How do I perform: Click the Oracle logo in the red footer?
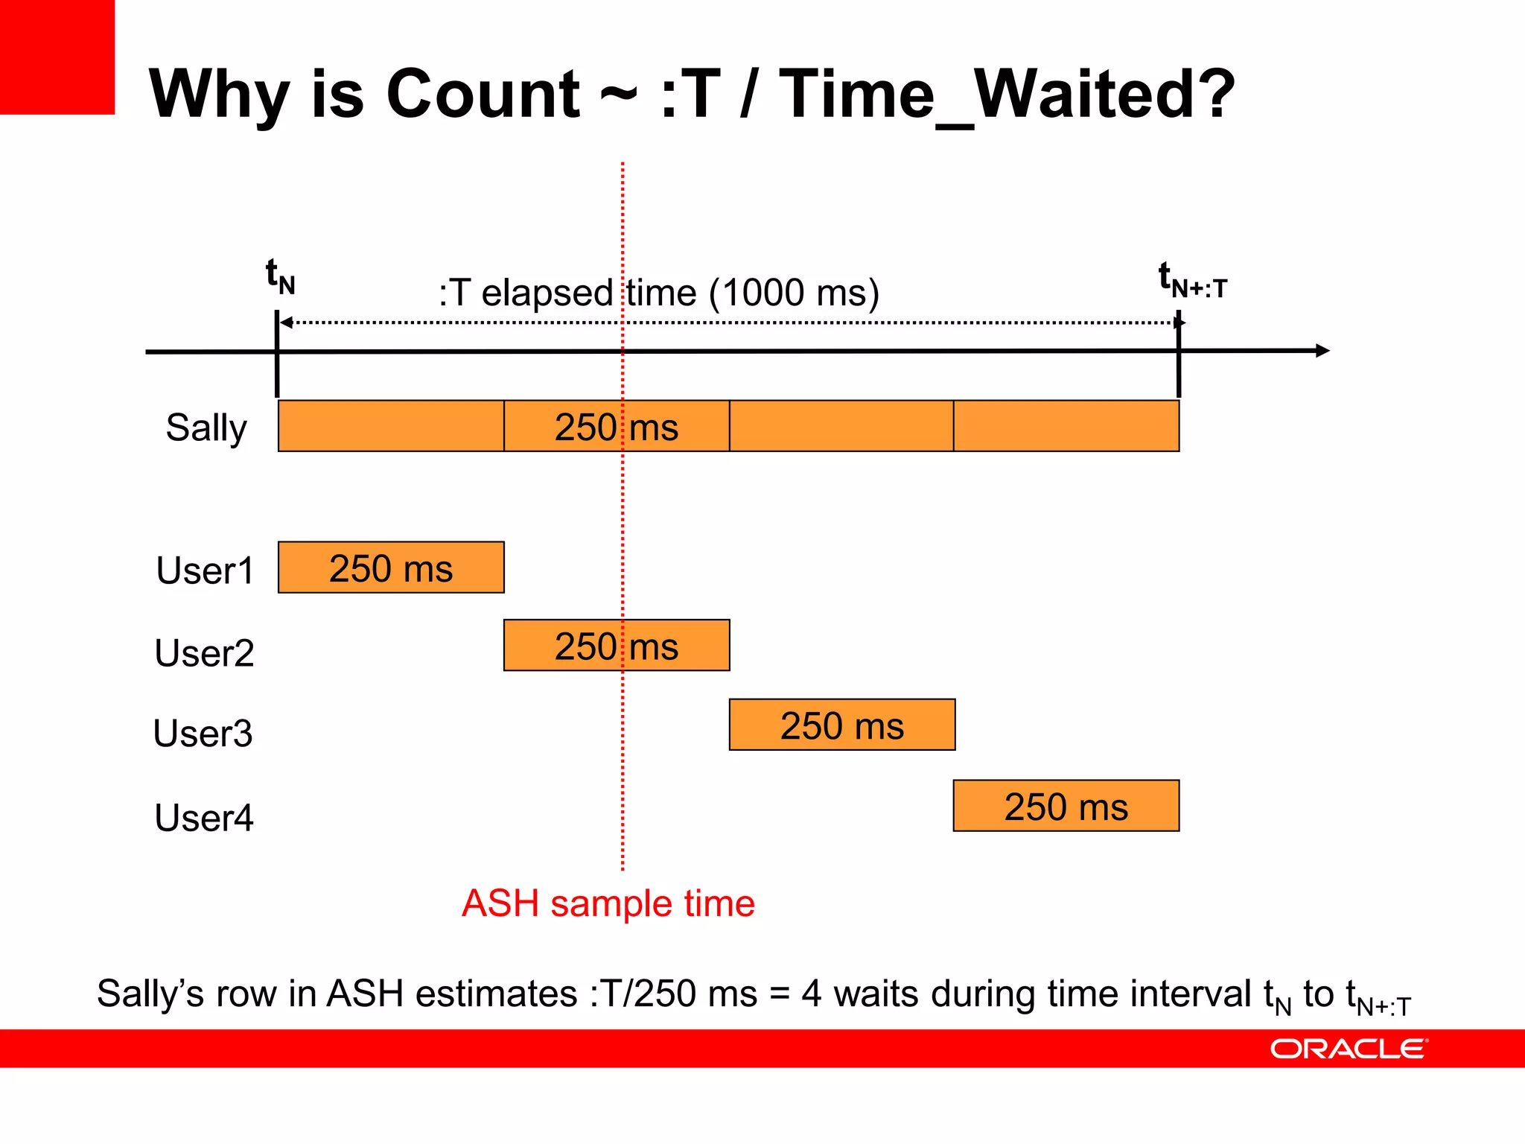click(1349, 1049)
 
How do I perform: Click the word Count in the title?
click(483, 94)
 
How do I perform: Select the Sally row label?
click(206, 428)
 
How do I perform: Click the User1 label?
click(205, 571)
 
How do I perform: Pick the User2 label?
click(204, 652)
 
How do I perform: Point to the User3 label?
click(203, 733)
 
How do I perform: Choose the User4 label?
click(204, 817)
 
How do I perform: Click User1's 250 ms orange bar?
click(391, 568)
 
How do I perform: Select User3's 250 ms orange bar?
click(841, 725)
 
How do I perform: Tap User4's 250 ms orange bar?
click(1066, 806)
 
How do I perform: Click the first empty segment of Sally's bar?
click(391, 426)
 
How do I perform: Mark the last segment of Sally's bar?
click(1066, 426)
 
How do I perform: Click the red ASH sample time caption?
click(608, 903)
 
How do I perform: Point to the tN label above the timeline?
click(281, 276)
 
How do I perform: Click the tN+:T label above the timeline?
click(1191, 280)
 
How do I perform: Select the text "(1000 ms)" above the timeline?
click(794, 293)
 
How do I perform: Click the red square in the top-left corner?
click(57, 57)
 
